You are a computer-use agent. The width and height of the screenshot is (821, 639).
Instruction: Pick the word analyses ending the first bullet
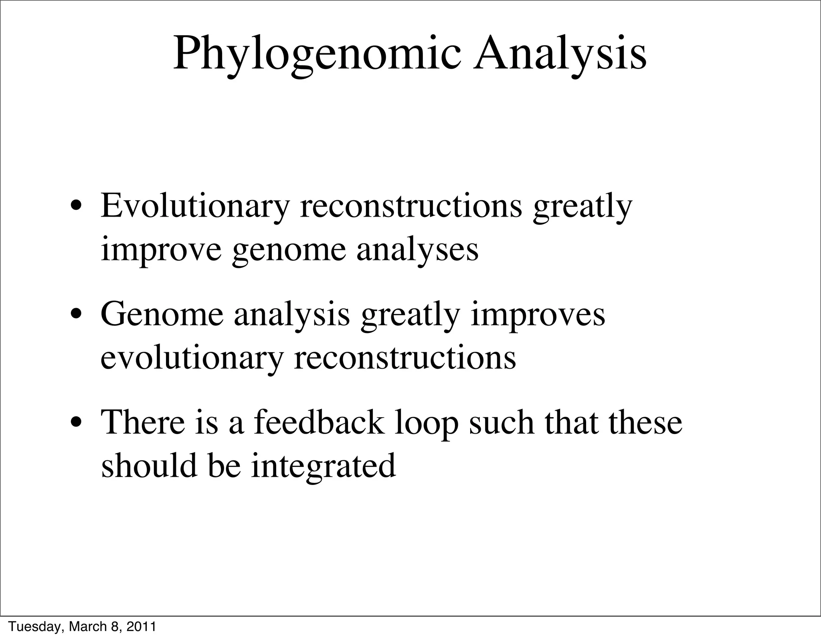[417, 250]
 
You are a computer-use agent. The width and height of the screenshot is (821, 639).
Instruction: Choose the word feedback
[319, 422]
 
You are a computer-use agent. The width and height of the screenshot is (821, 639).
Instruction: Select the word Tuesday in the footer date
[35, 627]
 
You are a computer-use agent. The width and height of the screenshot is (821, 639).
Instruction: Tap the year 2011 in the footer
[141, 627]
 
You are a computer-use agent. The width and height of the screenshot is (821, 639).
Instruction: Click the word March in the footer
[88, 627]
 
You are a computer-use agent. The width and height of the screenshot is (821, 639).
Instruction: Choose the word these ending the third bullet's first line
[645, 422]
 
